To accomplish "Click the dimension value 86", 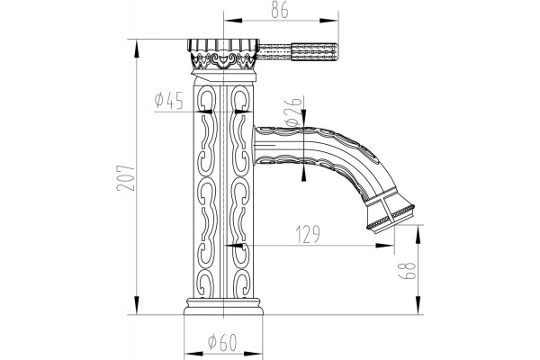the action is pyautogui.click(x=279, y=10).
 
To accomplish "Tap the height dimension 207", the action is pyautogui.click(x=125, y=178).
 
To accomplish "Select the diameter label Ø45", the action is pyautogui.click(x=169, y=100).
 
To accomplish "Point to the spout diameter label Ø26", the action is pyautogui.click(x=293, y=112).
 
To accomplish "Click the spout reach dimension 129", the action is pyautogui.click(x=308, y=234).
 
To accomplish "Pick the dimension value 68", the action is pyautogui.click(x=407, y=271).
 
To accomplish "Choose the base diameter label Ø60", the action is pyautogui.click(x=223, y=342).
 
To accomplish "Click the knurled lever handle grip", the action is pyautogui.click(x=314, y=51).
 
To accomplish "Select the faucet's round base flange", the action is pyautogui.click(x=223, y=307).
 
